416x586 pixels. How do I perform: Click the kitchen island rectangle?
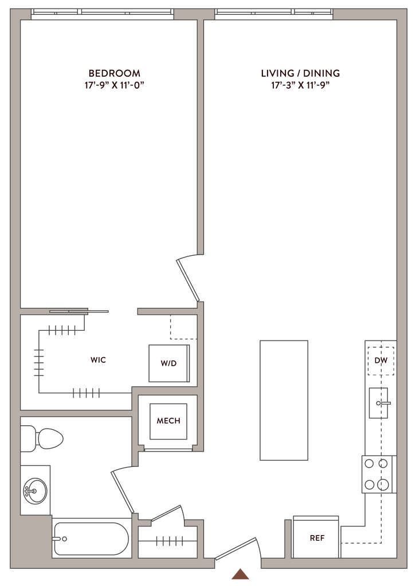coord(284,399)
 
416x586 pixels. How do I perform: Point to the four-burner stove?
coord(378,474)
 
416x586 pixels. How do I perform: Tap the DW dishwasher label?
coord(381,361)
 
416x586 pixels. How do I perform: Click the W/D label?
coord(169,363)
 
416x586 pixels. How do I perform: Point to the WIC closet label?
coord(99,361)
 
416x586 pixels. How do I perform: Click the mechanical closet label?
coord(169,422)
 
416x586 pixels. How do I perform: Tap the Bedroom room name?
coord(115,73)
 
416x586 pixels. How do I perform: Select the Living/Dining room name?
coord(301,73)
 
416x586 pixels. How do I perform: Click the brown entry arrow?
coord(240,574)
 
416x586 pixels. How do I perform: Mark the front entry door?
coord(237,546)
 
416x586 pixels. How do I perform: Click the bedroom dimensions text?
coord(115,86)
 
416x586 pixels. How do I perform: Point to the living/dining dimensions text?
coord(301,86)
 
